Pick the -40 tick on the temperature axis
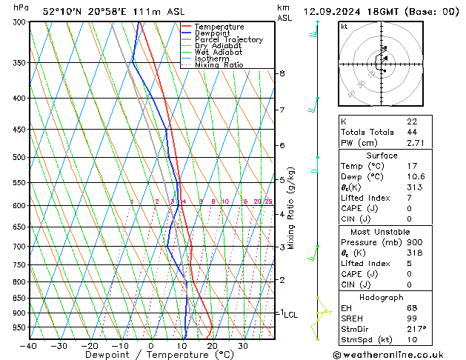pyautogui.click(x=29, y=346)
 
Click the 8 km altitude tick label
pyautogui.click(x=282, y=73)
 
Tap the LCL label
pyautogui.click(x=290, y=315)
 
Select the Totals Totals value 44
pyautogui.click(x=411, y=132)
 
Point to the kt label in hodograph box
pyautogui.click(x=344, y=26)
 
